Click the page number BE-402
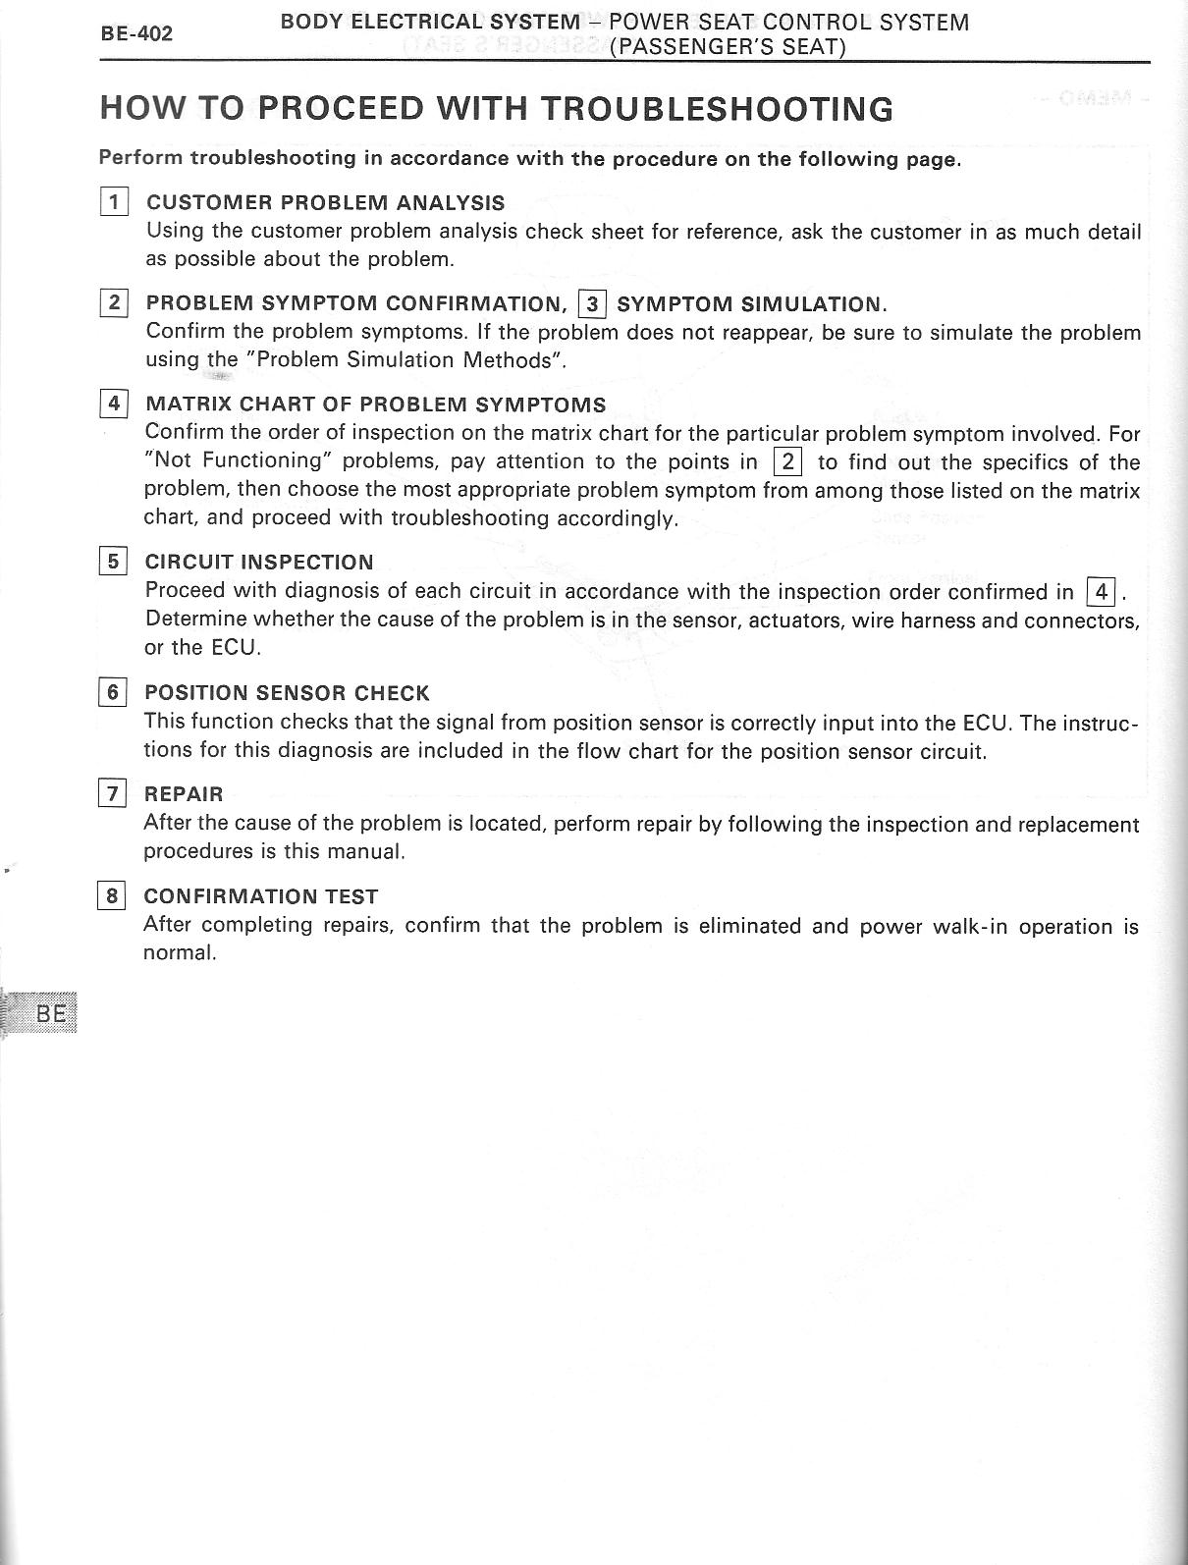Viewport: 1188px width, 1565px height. [137, 33]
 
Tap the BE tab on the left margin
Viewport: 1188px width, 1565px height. [50, 1013]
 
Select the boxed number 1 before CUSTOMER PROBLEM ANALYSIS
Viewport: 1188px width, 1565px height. [115, 202]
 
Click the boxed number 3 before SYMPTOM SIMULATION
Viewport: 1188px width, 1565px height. [593, 303]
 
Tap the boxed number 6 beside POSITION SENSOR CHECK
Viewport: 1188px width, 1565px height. [113, 692]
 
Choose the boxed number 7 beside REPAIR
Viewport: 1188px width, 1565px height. [113, 793]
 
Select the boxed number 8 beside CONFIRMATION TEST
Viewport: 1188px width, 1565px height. [113, 895]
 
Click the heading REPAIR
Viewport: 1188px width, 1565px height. [184, 793]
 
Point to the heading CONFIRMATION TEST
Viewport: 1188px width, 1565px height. [260, 895]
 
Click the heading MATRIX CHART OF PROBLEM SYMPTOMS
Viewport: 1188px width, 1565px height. [375, 405]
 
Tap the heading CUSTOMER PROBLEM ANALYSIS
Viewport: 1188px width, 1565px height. [325, 203]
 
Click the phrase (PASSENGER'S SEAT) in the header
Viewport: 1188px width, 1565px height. [728, 47]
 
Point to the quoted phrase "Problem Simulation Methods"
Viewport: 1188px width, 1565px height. [411, 360]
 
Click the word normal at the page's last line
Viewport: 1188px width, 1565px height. [179, 952]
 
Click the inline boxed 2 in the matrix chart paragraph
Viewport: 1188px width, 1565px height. [788, 460]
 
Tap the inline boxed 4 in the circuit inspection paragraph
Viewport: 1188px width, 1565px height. [1102, 591]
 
